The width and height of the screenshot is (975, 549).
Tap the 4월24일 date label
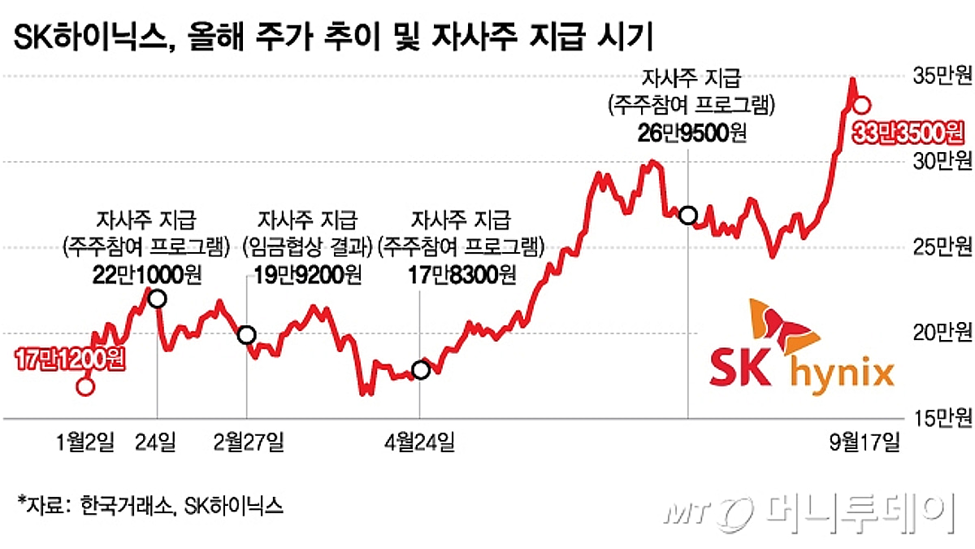point(419,442)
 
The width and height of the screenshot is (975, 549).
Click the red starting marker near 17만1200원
point(85,386)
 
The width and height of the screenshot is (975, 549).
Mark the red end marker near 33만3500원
point(863,105)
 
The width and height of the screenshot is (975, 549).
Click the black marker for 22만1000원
point(157,299)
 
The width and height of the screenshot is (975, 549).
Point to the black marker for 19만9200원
point(246,334)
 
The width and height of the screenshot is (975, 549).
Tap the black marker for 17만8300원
point(420,370)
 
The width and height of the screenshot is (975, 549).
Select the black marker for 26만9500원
point(688,216)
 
